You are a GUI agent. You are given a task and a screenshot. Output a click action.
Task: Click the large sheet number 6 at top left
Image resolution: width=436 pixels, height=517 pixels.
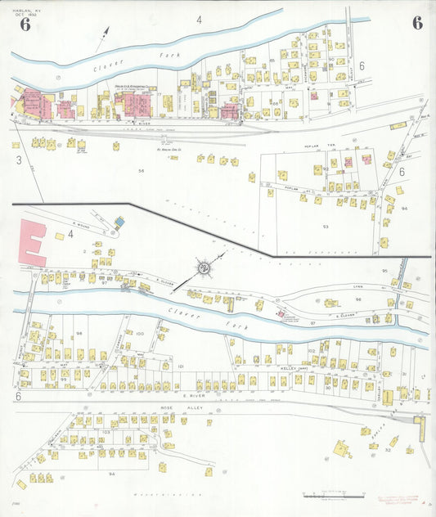[x=25, y=23]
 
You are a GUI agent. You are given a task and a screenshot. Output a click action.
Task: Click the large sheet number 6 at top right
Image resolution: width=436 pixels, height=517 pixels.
[x=417, y=22]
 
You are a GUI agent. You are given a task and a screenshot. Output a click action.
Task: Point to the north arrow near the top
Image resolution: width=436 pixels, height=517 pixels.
[x=103, y=37]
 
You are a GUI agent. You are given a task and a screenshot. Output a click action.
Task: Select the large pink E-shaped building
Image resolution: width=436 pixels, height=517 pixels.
[x=31, y=241]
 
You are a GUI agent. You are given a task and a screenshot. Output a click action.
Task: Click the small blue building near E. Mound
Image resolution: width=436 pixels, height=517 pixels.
[x=119, y=221]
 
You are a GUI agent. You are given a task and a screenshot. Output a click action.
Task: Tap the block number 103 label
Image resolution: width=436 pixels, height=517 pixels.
[x=106, y=431]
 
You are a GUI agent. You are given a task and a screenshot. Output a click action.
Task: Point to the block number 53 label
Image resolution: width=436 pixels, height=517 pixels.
[x=325, y=225]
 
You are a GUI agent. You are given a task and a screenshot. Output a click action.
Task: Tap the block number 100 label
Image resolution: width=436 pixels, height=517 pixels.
[x=139, y=333]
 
